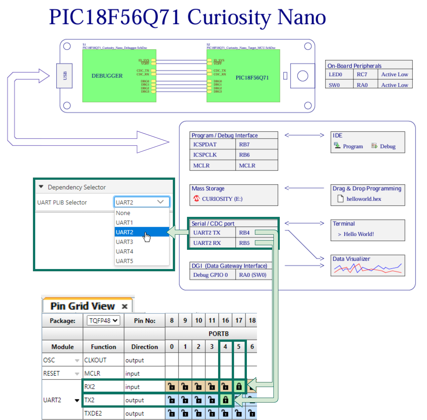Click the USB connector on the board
click(65, 76)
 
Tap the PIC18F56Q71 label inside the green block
click(252, 78)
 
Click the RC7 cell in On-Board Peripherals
click(362, 74)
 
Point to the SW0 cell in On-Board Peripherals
click(334, 85)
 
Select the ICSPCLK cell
click(205, 155)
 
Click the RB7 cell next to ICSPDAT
click(244, 144)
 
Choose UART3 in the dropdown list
click(124, 242)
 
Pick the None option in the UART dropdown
click(123, 213)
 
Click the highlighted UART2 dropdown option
click(125, 232)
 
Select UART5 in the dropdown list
click(124, 261)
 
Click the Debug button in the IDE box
click(384, 146)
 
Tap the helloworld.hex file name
click(364, 199)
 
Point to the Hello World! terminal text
click(358, 234)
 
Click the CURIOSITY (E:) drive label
click(222, 199)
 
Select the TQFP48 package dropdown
click(103, 320)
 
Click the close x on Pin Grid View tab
click(125, 306)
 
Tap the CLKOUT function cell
click(96, 360)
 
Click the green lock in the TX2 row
click(225, 400)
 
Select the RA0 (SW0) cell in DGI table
click(253, 275)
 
